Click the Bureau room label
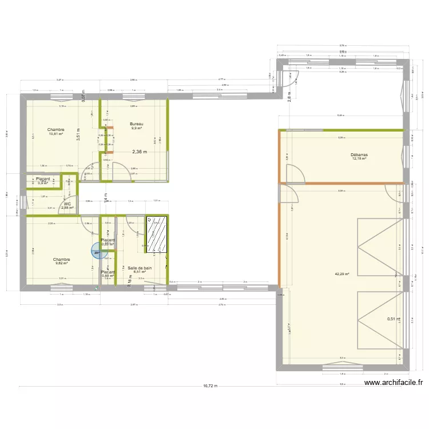point(136,124)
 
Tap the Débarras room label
point(359,154)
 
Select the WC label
point(67,204)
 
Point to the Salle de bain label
point(140,268)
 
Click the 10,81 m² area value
point(55,134)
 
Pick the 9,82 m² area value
point(62,264)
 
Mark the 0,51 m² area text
point(394,319)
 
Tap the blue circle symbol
point(96,250)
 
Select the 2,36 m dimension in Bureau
point(140,152)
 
